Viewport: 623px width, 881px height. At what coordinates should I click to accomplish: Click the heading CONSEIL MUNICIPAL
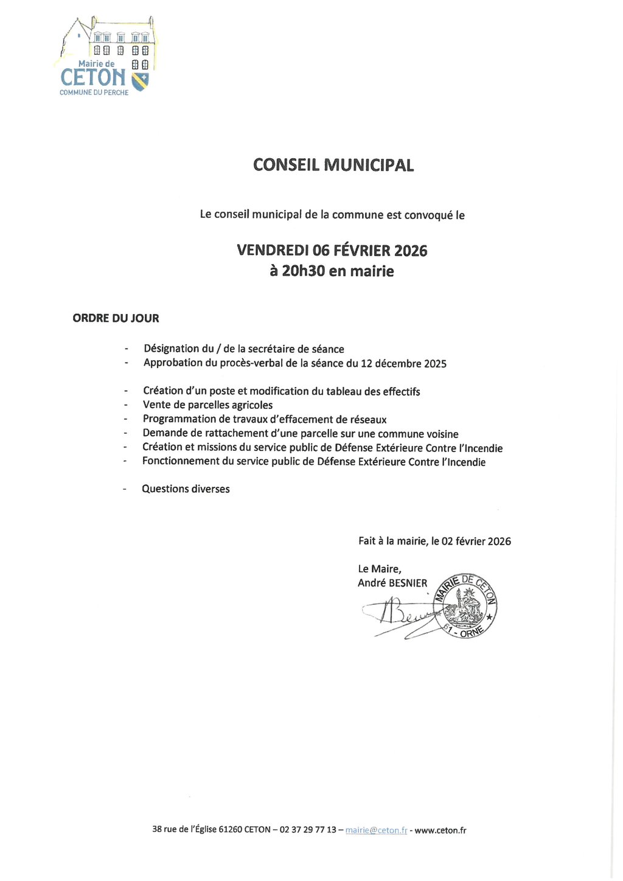333,165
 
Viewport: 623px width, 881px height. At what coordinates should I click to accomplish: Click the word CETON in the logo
93,78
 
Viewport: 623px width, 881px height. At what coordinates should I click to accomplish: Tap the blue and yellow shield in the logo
140,81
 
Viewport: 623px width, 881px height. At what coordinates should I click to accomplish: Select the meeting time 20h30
304,271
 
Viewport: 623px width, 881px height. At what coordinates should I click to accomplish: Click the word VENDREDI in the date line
272,251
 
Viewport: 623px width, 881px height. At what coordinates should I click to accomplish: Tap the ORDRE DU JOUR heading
116,318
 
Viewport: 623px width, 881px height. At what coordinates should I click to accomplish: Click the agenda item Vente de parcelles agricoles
207,405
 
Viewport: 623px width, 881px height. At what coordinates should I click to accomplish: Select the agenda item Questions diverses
186,489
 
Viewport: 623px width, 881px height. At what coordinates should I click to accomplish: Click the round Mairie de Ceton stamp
465,606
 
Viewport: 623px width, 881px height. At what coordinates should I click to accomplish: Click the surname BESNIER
408,583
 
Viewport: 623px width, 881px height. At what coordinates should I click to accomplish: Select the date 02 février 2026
476,541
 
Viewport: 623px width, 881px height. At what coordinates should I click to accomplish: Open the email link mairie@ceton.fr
376,830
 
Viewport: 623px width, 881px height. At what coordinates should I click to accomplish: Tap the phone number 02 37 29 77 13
307,830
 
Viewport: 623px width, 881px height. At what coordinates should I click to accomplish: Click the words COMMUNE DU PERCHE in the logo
94,92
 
